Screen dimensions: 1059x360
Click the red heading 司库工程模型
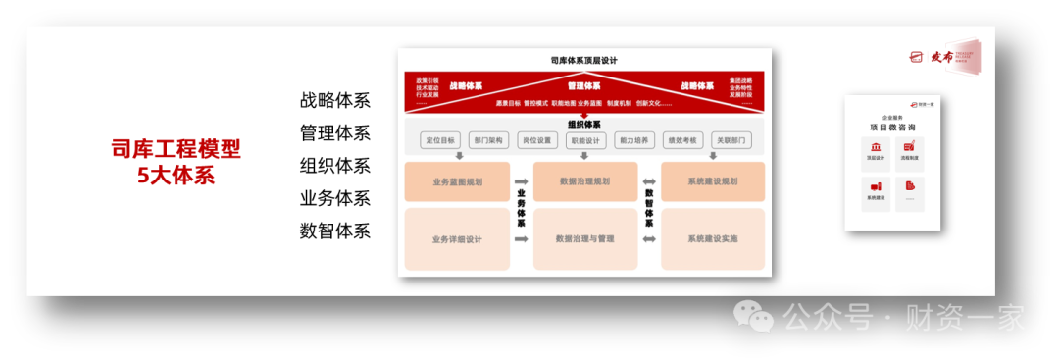176,149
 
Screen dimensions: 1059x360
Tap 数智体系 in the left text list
335,231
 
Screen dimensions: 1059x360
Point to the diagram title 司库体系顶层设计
583,60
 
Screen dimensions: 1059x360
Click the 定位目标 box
439,140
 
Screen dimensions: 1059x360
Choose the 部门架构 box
487,140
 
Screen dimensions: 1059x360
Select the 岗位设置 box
536,140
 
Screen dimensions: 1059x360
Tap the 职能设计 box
585,140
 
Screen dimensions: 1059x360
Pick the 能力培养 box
633,140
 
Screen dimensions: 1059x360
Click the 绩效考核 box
682,140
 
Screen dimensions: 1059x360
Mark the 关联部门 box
731,140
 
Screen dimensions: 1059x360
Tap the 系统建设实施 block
712,238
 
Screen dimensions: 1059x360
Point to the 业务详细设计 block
457,238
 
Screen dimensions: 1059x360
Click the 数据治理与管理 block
584,238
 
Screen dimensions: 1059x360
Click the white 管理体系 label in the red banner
583,86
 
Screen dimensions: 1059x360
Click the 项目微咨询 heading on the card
892,128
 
